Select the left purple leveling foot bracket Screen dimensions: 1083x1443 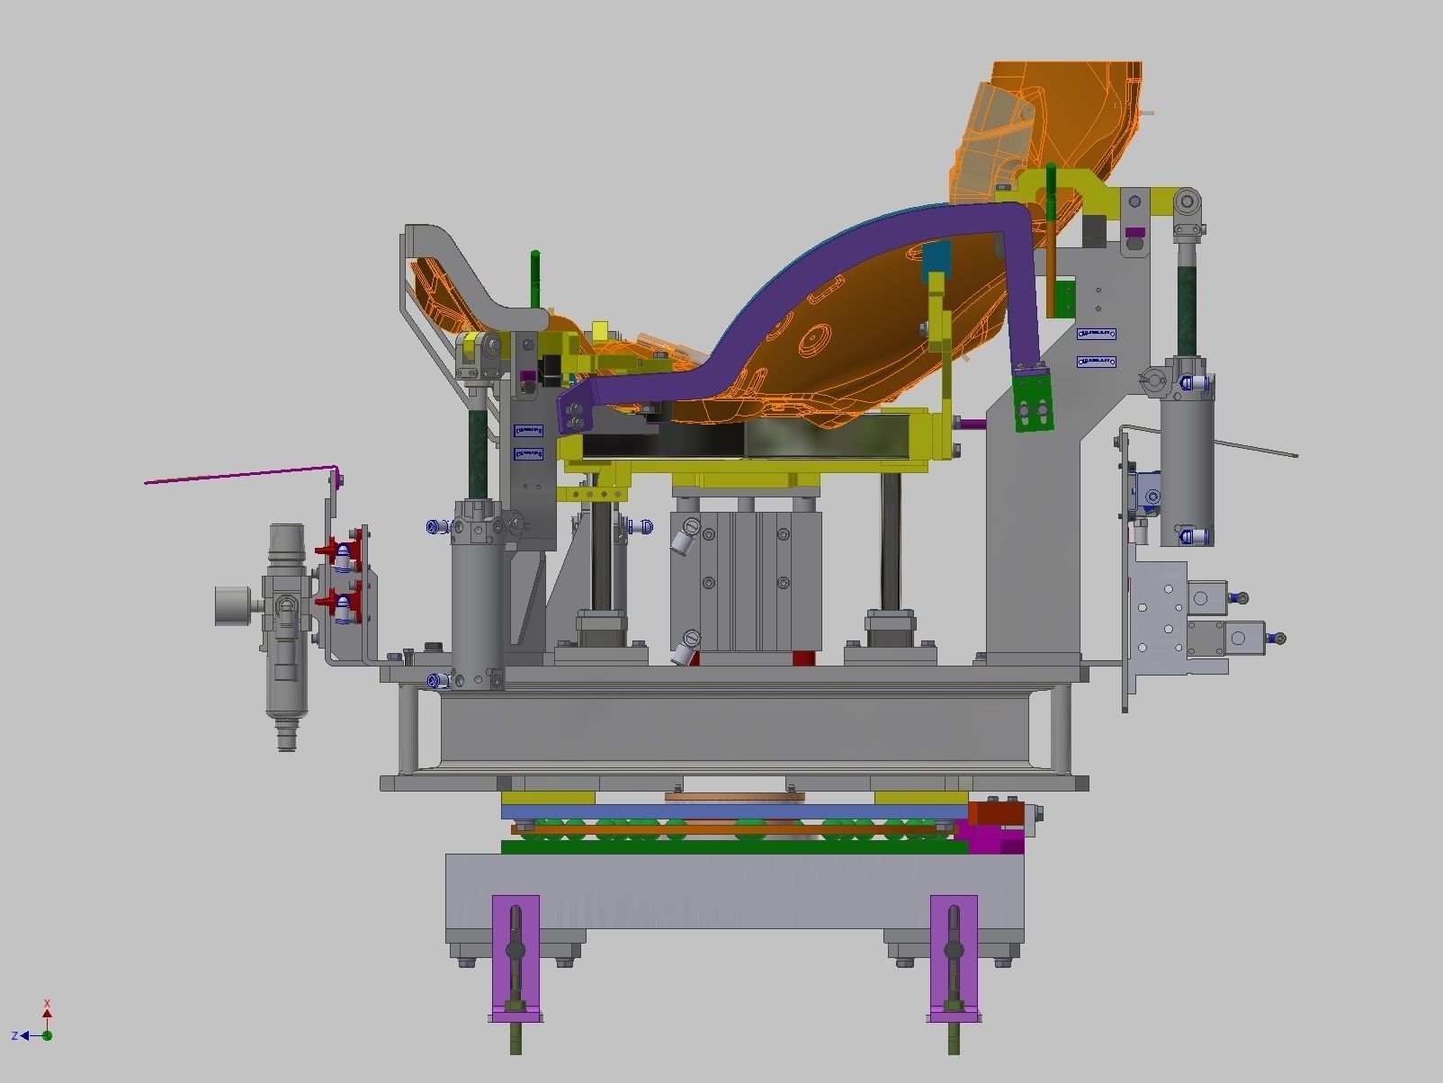click(x=515, y=953)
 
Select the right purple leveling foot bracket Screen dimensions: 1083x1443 click(x=954, y=953)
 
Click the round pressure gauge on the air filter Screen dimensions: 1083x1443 click(x=233, y=605)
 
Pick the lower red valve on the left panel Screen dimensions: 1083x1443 click(x=340, y=601)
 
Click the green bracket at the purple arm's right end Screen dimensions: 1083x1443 click(x=1033, y=401)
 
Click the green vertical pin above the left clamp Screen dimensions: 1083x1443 click(x=535, y=279)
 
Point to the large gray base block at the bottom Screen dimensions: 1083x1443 click(x=733, y=891)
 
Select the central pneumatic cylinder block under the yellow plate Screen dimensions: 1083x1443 click(x=745, y=580)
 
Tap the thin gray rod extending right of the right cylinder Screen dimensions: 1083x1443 click(x=1255, y=449)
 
